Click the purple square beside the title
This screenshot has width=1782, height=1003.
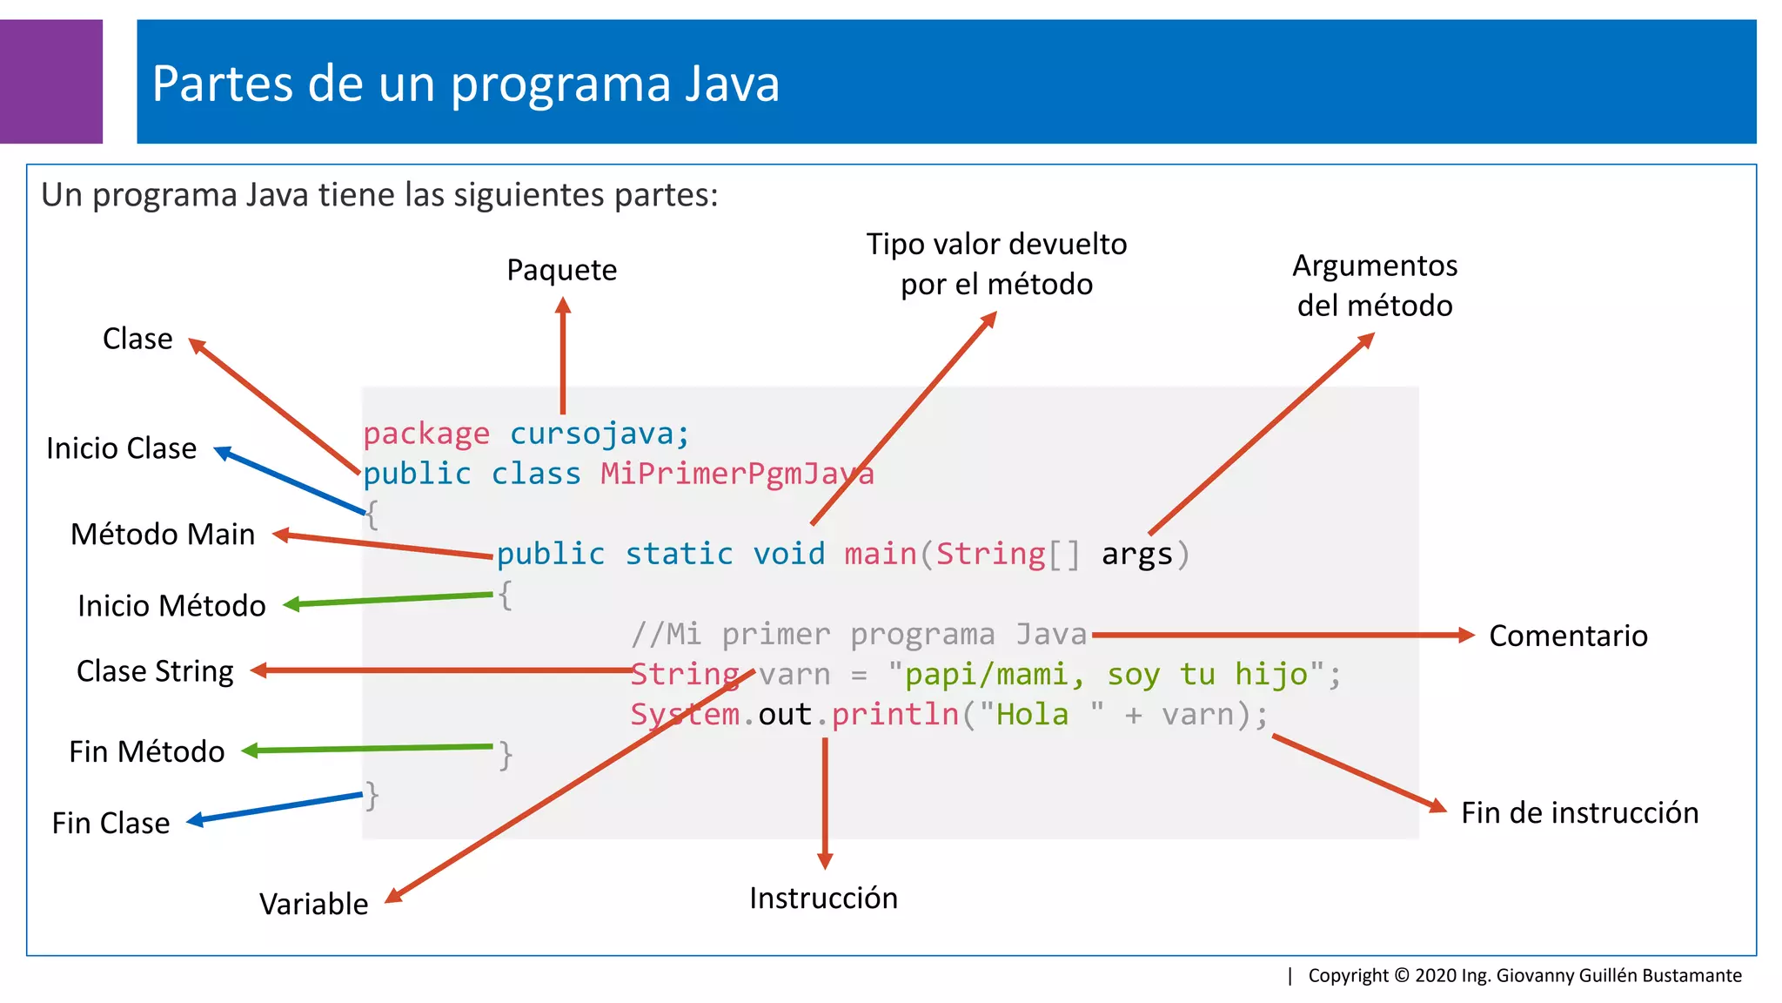[x=50, y=81]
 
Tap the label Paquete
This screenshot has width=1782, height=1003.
[x=561, y=270]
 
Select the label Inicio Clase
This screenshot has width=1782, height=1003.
[x=121, y=448]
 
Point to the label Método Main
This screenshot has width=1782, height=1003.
[x=163, y=534]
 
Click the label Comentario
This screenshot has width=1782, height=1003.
[x=1568, y=636]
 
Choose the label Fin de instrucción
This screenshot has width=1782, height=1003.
[x=1579, y=812]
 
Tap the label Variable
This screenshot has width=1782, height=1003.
[x=313, y=904]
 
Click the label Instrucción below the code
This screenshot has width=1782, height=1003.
[x=823, y=898]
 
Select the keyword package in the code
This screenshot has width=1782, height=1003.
[x=426, y=434]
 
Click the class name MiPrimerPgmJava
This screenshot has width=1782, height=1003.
[x=737, y=474]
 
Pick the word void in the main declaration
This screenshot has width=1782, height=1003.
[x=788, y=554]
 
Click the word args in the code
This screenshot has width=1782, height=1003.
[x=1136, y=554]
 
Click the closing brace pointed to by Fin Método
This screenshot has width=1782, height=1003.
[x=506, y=755]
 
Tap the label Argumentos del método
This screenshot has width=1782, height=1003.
[x=1375, y=286]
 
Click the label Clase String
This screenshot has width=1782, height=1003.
[x=155, y=671]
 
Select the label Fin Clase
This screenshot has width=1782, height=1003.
[x=111, y=823]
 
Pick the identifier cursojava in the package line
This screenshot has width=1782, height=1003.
[x=600, y=434]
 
